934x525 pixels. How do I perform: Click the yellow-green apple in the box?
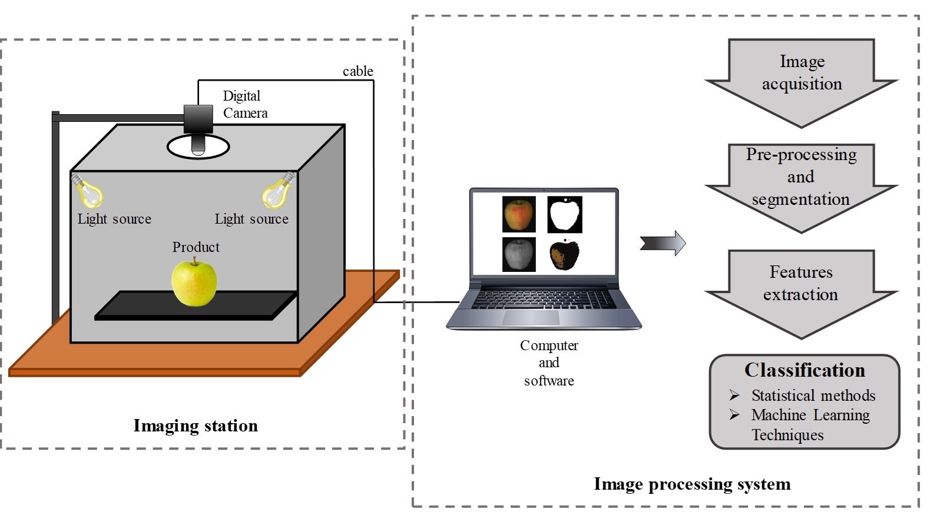pos(194,283)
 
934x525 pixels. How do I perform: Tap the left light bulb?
pos(88,191)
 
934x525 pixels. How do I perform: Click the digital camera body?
pos(198,118)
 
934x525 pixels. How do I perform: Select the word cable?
pos(357,71)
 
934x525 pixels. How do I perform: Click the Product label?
pos(196,247)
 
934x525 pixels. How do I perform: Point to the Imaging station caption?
pos(196,426)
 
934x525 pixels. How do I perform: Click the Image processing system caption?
pos(691,484)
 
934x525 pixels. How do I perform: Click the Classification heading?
pos(804,370)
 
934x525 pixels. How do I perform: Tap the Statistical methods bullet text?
pos(813,396)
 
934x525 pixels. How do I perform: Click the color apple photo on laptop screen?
pos(519,214)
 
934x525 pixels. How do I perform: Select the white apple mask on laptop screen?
pos(565,214)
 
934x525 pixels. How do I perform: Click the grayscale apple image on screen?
pos(519,254)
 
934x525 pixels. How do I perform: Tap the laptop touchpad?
pos(531,318)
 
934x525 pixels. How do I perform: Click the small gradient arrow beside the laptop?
pos(663,243)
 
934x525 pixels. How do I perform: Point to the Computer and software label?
pos(549,363)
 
